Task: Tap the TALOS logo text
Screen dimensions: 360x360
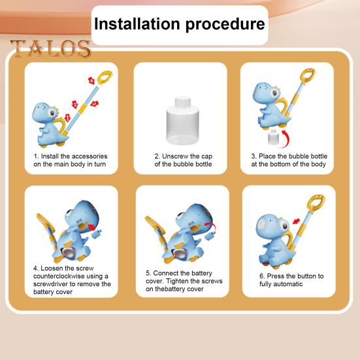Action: tap(50, 49)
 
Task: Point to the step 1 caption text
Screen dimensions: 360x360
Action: tap(71, 161)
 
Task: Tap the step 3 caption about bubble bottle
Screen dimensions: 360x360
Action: tap(289, 161)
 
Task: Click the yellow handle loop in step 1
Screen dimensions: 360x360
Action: tap(105, 77)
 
